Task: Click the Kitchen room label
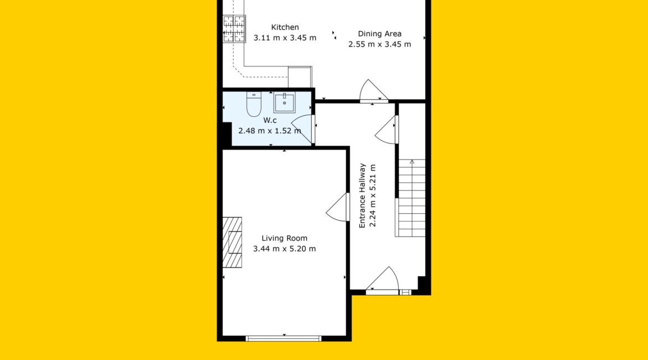(285, 27)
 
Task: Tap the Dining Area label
(379, 34)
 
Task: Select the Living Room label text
(284, 238)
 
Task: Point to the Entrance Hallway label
(362, 196)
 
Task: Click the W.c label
(270, 120)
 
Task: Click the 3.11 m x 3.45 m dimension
(285, 38)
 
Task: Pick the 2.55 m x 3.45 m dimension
(379, 44)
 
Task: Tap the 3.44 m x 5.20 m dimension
(284, 249)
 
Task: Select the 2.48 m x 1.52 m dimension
(270, 131)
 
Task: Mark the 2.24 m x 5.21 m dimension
(372, 196)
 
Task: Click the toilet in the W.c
(254, 105)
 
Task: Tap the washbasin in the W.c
(284, 102)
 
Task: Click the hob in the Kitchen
(234, 28)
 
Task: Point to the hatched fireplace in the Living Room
(232, 243)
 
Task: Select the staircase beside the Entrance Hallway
(410, 198)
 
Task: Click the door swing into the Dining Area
(374, 90)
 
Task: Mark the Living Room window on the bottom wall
(284, 338)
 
